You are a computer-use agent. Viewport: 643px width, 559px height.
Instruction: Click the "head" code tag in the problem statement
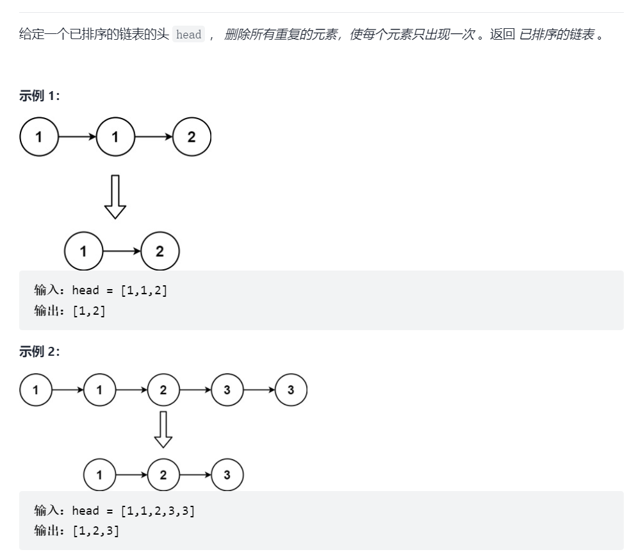click(189, 35)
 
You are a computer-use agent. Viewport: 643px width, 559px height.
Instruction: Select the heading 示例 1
click(40, 96)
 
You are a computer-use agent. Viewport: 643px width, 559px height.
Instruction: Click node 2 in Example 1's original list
click(191, 137)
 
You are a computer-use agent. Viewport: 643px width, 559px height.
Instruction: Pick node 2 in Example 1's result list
click(160, 251)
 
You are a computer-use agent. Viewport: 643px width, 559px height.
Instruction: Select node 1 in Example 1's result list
click(83, 251)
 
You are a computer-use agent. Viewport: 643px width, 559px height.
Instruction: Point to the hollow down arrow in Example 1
click(115, 196)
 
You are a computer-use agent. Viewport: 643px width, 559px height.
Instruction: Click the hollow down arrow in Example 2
click(163, 429)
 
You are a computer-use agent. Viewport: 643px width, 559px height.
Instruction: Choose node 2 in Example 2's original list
click(163, 390)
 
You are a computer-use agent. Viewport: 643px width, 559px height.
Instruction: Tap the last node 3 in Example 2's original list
click(291, 390)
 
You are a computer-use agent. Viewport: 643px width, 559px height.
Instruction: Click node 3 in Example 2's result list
click(227, 475)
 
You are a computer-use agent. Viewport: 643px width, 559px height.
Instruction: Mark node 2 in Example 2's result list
click(163, 475)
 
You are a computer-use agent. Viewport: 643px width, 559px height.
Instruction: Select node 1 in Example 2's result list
click(99, 475)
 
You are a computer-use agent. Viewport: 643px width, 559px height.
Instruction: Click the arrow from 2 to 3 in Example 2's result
click(195, 475)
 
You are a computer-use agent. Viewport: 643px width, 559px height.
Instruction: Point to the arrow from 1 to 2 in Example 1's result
click(122, 251)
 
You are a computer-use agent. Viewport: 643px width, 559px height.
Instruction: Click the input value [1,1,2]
click(144, 290)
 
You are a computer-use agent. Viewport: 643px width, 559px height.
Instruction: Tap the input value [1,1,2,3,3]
click(158, 511)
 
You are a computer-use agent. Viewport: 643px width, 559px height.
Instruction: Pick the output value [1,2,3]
click(96, 531)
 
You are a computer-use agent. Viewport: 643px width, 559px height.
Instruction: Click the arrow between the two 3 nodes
click(259, 390)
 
